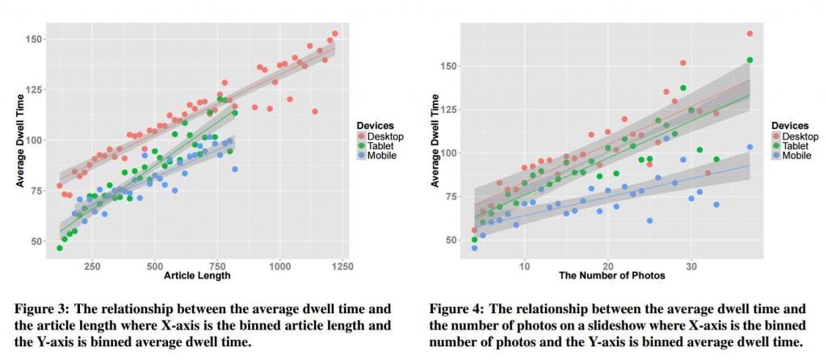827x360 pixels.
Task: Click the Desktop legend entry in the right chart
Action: pos(800,137)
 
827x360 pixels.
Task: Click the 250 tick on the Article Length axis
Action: pos(91,265)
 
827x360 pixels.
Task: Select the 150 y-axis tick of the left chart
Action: pos(36,39)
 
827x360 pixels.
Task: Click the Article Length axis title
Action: pos(197,275)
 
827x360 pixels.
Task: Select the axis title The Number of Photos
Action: pos(611,275)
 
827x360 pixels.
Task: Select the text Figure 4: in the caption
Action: pos(455,308)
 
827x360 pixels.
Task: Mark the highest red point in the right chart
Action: pos(749,34)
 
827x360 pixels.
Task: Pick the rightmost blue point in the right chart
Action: pos(749,147)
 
